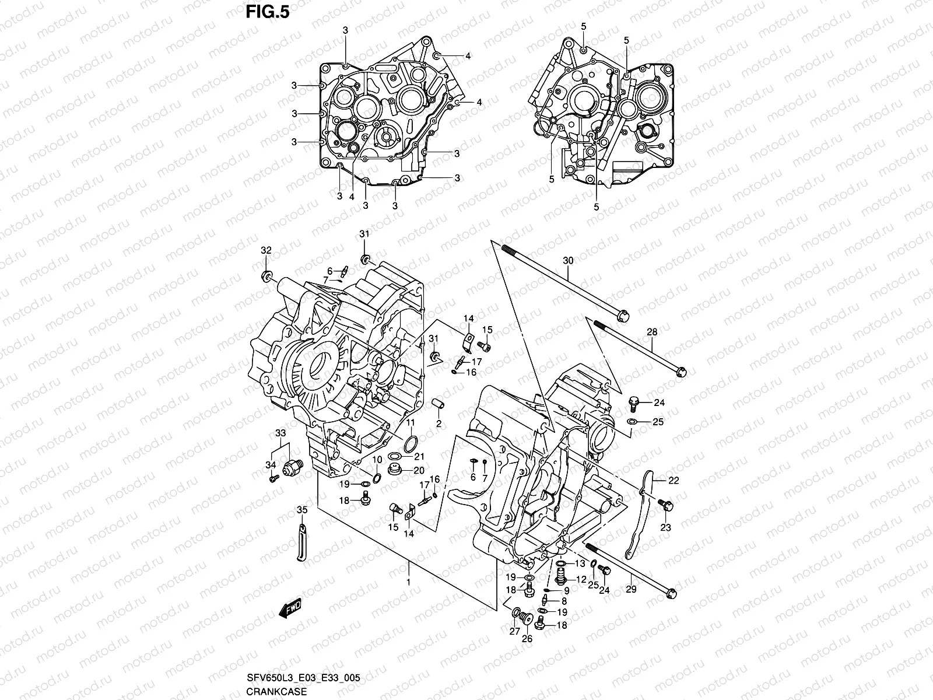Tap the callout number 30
(569, 260)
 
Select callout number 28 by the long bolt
(652, 331)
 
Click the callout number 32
(266, 250)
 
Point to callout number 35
(301, 510)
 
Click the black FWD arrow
(289, 610)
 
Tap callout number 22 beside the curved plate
(674, 480)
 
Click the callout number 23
(665, 527)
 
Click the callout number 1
(409, 582)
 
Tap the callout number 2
(439, 423)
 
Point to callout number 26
(527, 638)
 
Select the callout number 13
(580, 563)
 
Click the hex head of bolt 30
(623, 316)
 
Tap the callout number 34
(270, 464)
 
